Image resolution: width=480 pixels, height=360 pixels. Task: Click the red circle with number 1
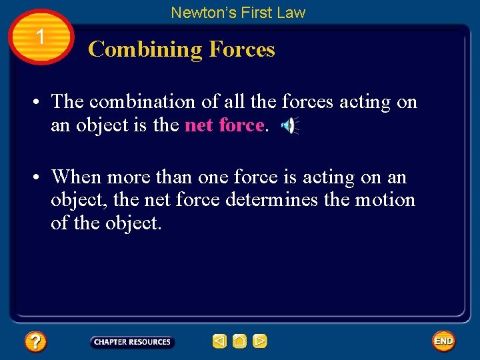tap(41, 37)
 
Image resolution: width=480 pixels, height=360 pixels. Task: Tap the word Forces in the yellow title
tap(241, 49)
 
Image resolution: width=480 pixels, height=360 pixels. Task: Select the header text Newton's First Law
tap(238, 12)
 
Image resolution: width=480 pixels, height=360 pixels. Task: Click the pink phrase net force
tap(224, 125)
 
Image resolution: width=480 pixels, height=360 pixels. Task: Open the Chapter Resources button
tap(132, 342)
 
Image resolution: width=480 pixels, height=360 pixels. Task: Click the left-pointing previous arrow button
tap(219, 341)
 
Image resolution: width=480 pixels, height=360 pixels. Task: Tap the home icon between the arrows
tap(239, 341)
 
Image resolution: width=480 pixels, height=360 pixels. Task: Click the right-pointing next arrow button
tap(260, 341)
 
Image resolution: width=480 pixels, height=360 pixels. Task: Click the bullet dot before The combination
tap(41, 103)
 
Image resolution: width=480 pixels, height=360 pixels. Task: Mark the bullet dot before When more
tap(41, 178)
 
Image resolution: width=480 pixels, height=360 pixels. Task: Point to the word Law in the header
tap(291, 12)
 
